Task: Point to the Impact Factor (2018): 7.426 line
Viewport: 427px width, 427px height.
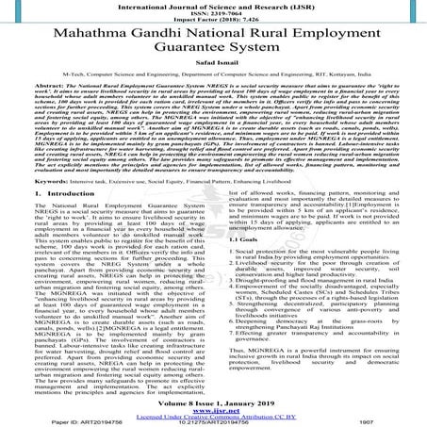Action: point(213,22)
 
